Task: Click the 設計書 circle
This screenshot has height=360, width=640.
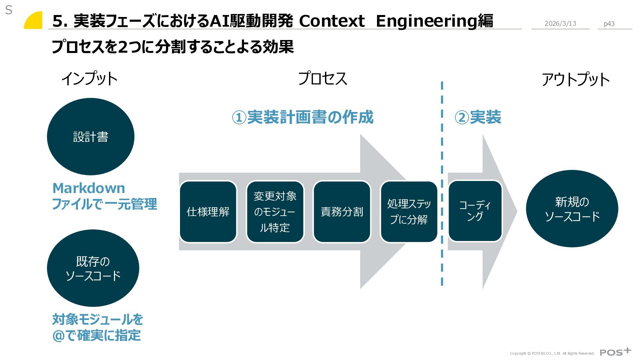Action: [x=91, y=137]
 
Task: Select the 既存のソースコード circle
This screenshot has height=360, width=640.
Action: [x=93, y=268]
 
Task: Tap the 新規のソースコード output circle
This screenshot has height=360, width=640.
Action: [x=572, y=209]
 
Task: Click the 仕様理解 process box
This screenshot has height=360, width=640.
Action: [x=208, y=212]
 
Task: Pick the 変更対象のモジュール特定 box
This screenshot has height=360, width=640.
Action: [x=275, y=212]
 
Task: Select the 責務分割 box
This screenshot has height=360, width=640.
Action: [x=342, y=212]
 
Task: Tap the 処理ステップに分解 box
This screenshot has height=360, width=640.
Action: [x=409, y=212]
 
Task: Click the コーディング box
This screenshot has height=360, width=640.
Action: [x=475, y=211]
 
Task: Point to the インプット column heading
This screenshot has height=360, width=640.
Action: [x=89, y=79]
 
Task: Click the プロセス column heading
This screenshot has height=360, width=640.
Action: [x=323, y=79]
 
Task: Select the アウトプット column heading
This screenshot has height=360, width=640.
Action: [x=576, y=80]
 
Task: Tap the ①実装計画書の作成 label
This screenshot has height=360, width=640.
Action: [x=303, y=117]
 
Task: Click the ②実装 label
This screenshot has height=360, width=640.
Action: [x=478, y=117]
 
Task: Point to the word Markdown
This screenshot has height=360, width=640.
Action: [x=89, y=188]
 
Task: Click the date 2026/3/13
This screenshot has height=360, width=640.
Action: [x=560, y=23]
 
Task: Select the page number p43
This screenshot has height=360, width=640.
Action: [x=609, y=24]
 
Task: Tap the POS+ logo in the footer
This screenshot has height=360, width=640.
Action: [x=615, y=352]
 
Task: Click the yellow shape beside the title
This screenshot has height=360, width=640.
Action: [x=34, y=21]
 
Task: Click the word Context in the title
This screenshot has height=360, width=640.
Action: [x=332, y=21]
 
